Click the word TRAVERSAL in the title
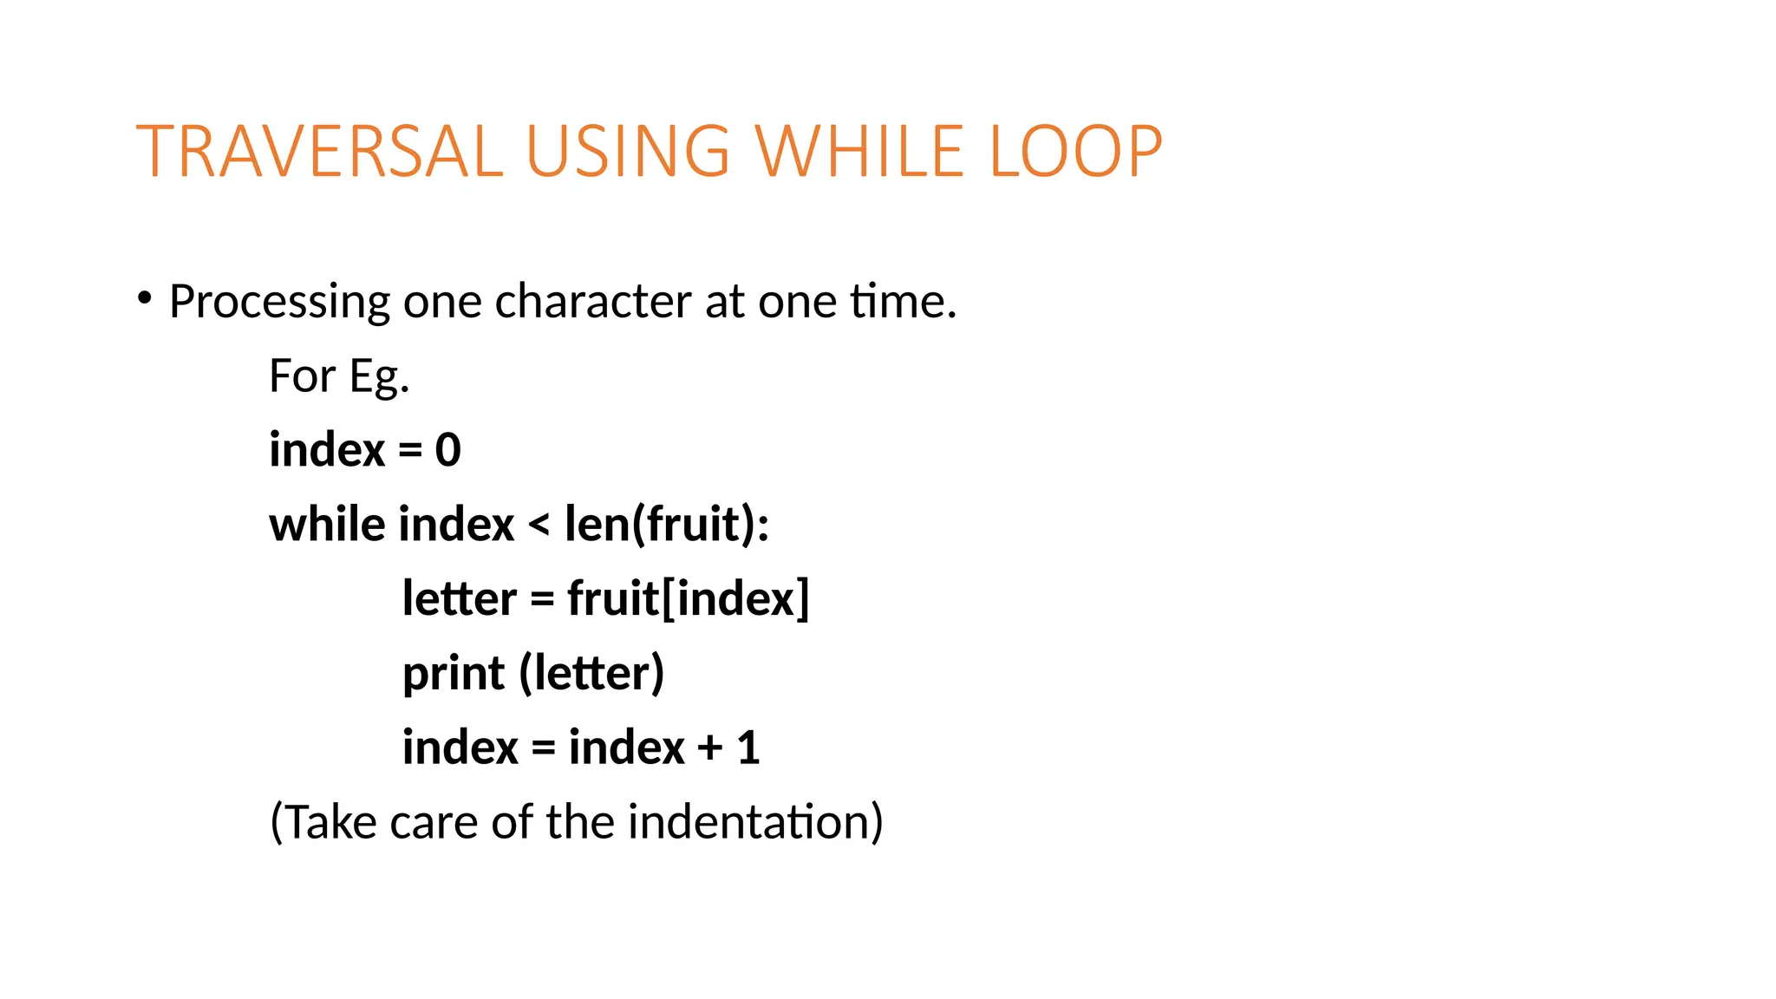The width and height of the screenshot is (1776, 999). tap(319, 152)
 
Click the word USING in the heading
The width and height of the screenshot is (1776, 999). tap(629, 152)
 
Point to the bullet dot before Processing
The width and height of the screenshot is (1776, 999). tap(144, 299)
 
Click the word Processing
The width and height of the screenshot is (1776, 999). tap(279, 302)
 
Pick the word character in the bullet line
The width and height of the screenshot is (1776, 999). tap(592, 301)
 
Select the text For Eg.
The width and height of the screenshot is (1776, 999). tap(339, 376)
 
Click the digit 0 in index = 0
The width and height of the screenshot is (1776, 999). tap(447, 450)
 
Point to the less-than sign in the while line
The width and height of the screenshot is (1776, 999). tap(539, 524)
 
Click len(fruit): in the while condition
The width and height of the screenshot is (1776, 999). tap(666, 524)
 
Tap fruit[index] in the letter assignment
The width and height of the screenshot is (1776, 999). tap(689, 598)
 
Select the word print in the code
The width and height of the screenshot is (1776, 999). tap(453, 674)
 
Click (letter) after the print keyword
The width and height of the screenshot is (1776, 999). tap(592, 673)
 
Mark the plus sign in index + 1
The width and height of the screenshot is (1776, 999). tap(710, 748)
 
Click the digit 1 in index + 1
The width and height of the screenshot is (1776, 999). tap(748, 748)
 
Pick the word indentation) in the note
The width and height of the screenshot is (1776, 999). tap(755, 821)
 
